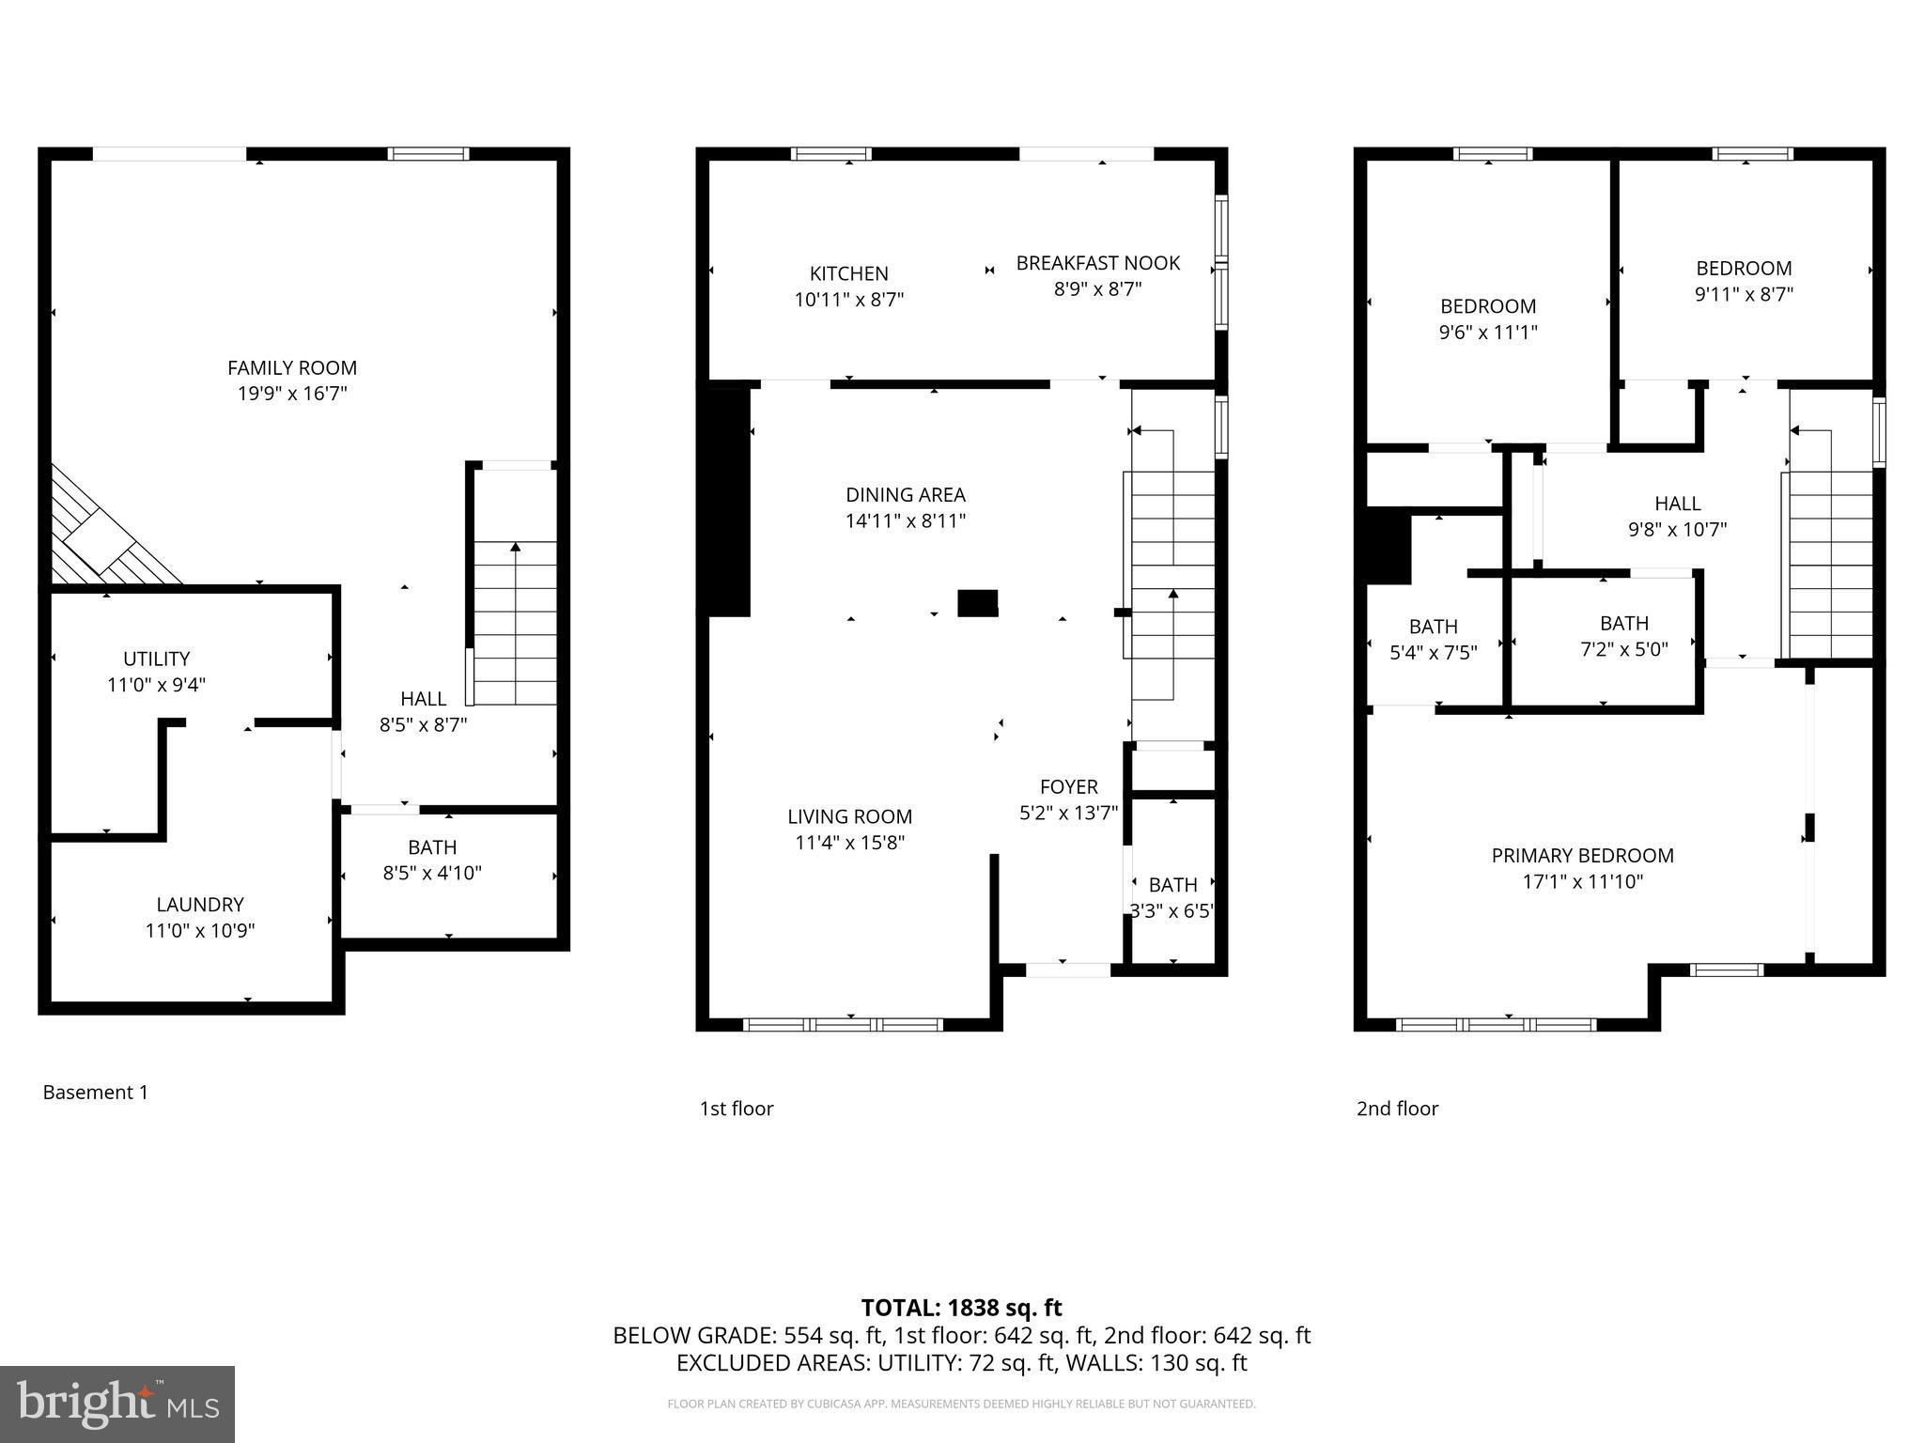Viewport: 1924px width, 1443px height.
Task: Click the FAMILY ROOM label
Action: [292, 368]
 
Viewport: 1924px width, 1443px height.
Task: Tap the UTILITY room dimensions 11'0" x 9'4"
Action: [156, 685]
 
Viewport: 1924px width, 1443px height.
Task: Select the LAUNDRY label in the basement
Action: [200, 905]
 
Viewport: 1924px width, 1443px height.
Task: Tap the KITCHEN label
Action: [849, 273]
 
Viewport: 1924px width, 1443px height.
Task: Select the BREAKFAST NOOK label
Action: [1097, 263]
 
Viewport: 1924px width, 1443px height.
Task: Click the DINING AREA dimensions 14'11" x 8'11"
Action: [906, 521]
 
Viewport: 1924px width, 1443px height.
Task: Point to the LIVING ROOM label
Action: [849, 817]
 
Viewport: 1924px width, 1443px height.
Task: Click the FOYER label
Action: [1068, 787]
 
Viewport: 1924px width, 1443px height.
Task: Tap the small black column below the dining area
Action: [977, 603]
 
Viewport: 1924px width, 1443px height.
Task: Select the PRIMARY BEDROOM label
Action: [1582, 856]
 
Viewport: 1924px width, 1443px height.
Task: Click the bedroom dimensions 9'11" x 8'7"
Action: [1744, 294]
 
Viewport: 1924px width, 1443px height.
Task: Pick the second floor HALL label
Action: [1677, 504]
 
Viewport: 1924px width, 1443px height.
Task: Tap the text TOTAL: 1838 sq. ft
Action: [961, 1308]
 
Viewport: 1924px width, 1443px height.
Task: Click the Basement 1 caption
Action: [96, 1093]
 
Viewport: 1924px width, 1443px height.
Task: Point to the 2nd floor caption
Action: [1397, 1109]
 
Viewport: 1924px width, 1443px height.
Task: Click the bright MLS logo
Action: [117, 1404]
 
